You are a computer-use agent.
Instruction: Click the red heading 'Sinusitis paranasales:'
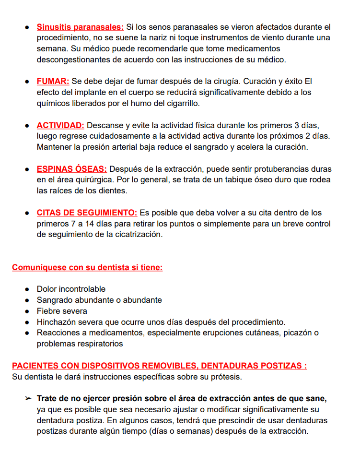80,27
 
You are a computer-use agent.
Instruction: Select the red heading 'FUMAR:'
53,81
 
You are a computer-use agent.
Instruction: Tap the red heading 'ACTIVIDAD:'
60,125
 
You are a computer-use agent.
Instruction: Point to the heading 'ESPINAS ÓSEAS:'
72,169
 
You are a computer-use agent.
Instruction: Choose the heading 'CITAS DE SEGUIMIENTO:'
87,213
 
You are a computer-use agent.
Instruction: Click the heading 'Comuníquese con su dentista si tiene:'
87,267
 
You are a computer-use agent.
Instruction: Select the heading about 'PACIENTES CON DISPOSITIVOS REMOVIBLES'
159,366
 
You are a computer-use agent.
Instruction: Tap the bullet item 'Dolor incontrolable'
71,289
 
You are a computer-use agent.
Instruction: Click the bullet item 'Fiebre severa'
62,311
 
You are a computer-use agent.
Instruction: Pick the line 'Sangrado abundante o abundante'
99,300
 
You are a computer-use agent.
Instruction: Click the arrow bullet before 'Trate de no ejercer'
28,399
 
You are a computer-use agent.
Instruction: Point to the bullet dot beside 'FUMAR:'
28,82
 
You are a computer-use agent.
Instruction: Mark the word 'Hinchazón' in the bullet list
56,322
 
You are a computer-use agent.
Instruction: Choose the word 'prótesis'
225,377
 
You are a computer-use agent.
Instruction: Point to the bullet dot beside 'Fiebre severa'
28,311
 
